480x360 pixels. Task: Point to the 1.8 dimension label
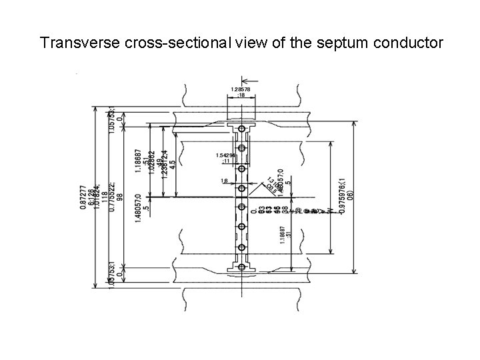click(225, 180)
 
